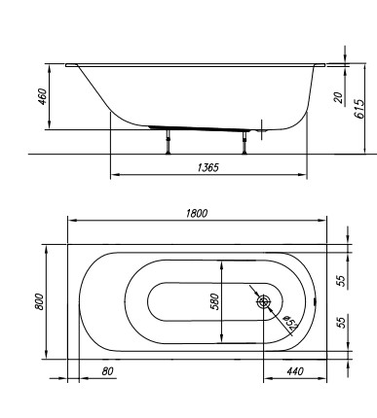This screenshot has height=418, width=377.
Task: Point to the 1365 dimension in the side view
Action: [207, 167]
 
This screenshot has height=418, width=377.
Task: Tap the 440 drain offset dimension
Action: [296, 370]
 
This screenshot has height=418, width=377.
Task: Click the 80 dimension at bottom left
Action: [80, 370]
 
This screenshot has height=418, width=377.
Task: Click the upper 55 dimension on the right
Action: [341, 279]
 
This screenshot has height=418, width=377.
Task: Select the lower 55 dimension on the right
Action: [341, 322]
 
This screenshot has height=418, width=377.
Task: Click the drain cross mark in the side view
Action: [263, 124]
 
